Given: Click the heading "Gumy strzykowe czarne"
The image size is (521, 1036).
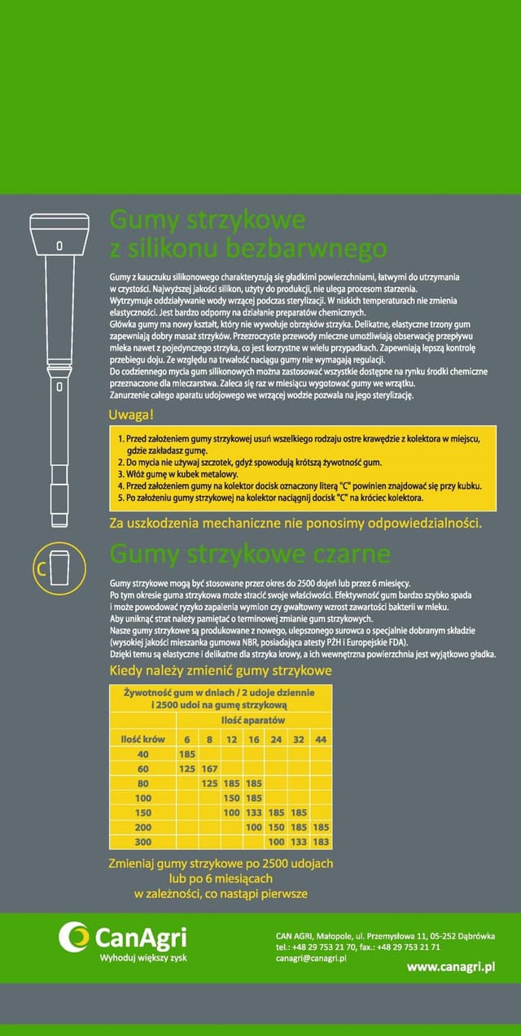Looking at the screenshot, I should click(x=250, y=555).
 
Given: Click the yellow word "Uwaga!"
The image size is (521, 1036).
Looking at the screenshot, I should click(x=131, y=416).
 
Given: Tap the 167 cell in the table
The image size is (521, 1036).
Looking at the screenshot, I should click(x=209, y=768).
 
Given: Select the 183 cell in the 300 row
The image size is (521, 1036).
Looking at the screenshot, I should click(x=321, y=842).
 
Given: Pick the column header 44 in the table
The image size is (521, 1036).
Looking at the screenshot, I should click(x=321, y=738).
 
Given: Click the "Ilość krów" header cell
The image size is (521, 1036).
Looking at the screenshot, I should click(x=142, y=738).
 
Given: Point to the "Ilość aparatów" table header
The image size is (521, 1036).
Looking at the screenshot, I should click(x=253, y=721).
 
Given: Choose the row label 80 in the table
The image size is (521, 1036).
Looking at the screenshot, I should click(x=142, y=783).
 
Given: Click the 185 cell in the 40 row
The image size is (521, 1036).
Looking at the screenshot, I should click(x=186, y=754).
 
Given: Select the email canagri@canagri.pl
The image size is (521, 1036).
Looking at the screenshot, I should click(x=312, y=958).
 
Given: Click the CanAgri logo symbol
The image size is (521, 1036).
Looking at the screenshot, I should click(x=74, y=937).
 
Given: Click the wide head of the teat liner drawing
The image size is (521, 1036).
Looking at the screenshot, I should click(x=59, y=235).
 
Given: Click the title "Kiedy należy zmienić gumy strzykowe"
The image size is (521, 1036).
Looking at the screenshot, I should click(x=221, y=671).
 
